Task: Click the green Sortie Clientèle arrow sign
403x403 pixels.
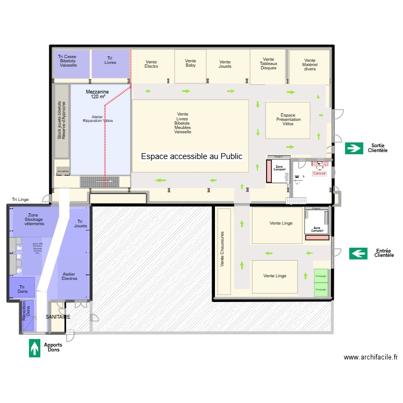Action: point(354,148)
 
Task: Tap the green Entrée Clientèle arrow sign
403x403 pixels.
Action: point(358,253)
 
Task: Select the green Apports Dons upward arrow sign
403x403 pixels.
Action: point(35,347)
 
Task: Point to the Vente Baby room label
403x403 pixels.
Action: point(190,63)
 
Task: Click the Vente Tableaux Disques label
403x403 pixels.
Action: point(268,64)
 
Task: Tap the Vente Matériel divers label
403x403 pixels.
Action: point(310,64)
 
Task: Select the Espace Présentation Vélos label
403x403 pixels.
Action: point(288,119)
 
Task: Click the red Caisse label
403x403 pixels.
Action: point(319,174)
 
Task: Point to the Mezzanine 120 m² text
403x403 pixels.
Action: point(97,95)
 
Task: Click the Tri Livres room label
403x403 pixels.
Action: point(110,60)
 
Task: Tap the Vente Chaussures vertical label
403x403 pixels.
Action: point(222,250)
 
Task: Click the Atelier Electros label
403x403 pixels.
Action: point(69,276)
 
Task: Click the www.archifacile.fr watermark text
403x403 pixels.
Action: point(370,357)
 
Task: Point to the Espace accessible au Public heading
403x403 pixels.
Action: point(191,156)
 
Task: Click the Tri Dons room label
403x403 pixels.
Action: point(21,289)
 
